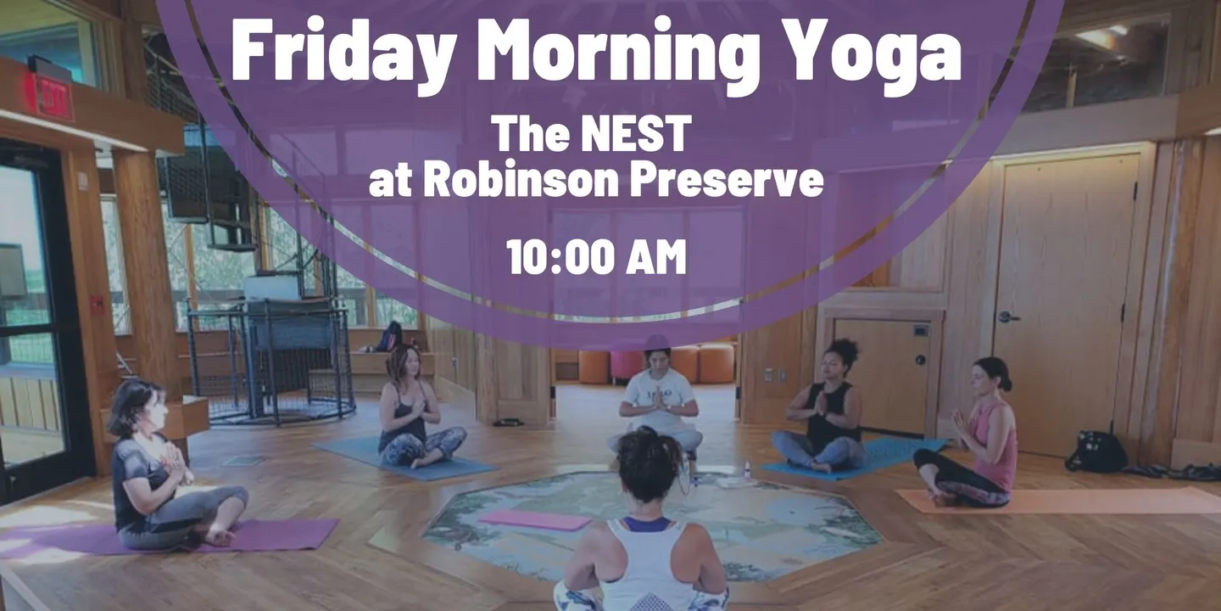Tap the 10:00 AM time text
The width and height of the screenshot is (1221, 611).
point(596,256)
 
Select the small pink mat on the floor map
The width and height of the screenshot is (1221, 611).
point(535,519)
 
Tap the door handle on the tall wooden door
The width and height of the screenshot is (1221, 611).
point(1008,317)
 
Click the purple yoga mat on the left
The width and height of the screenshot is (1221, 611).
point(169,538)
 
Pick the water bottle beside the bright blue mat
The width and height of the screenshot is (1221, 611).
point(747,469)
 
